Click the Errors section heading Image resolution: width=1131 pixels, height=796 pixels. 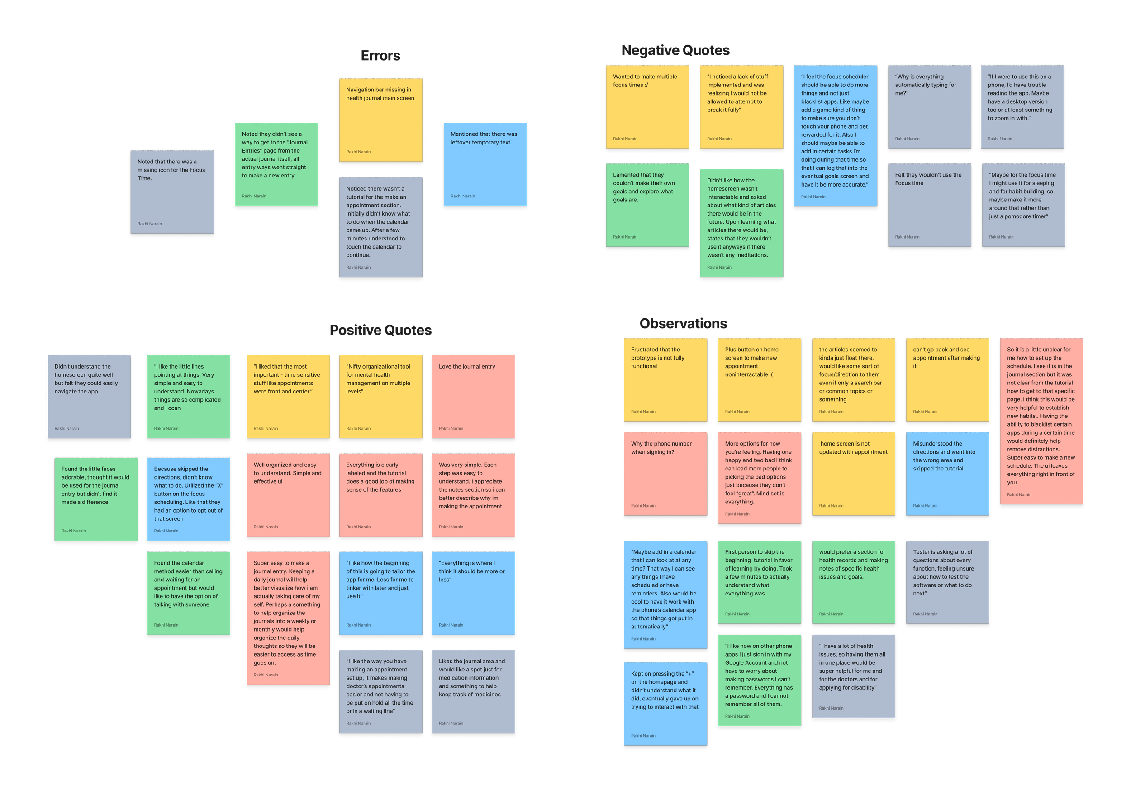[x=380, y=56]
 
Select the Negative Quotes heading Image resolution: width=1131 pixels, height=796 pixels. [x=675, y=50]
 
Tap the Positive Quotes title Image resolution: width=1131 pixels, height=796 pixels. [x=380, y=330]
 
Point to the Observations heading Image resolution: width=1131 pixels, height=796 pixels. [x=683, y=324]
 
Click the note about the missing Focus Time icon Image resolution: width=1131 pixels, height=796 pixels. [x=171, y=192]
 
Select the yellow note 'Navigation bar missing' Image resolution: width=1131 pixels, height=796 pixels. [x=380, y=120]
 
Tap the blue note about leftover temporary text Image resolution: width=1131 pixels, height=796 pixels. [x=484, y=164]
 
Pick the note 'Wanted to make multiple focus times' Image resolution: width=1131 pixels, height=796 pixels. [x=647, y=106]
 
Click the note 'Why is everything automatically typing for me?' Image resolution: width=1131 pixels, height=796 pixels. [x=929, y=106]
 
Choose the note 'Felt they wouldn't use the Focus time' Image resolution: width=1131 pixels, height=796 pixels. [x=929, y=205]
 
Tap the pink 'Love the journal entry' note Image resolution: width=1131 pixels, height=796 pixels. [x=473, y=396]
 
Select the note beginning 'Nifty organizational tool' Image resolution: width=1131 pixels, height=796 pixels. [x=380, y=396]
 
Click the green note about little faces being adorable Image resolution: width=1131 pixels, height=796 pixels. [x=95, y=499]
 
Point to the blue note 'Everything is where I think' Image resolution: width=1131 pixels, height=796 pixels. [x=473, y=593]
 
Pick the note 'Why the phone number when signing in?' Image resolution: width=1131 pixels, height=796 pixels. [x=665, y=474]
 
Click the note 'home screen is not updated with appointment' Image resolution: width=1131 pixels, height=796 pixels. [x=853, y=474]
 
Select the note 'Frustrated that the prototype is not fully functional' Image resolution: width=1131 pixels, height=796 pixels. [x=665, y=379]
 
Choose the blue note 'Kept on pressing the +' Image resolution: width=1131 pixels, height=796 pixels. [x=665, y=703]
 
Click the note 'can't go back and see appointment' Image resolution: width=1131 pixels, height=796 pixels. [x=947, y=379]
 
